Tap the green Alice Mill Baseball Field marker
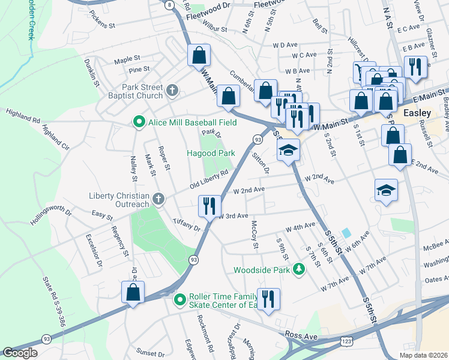(x=139, y=122)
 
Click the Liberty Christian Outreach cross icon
(x=158, y=198)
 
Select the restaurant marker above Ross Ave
(x=268, y=299)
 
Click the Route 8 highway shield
(x=170, y=5)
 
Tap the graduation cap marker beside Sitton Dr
(x=288, y=151)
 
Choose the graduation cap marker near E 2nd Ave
(x=386, y=190)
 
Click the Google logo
(x=20, y=352)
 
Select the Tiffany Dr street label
(x=185, y=224)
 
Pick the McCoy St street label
(x=255, y=235)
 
